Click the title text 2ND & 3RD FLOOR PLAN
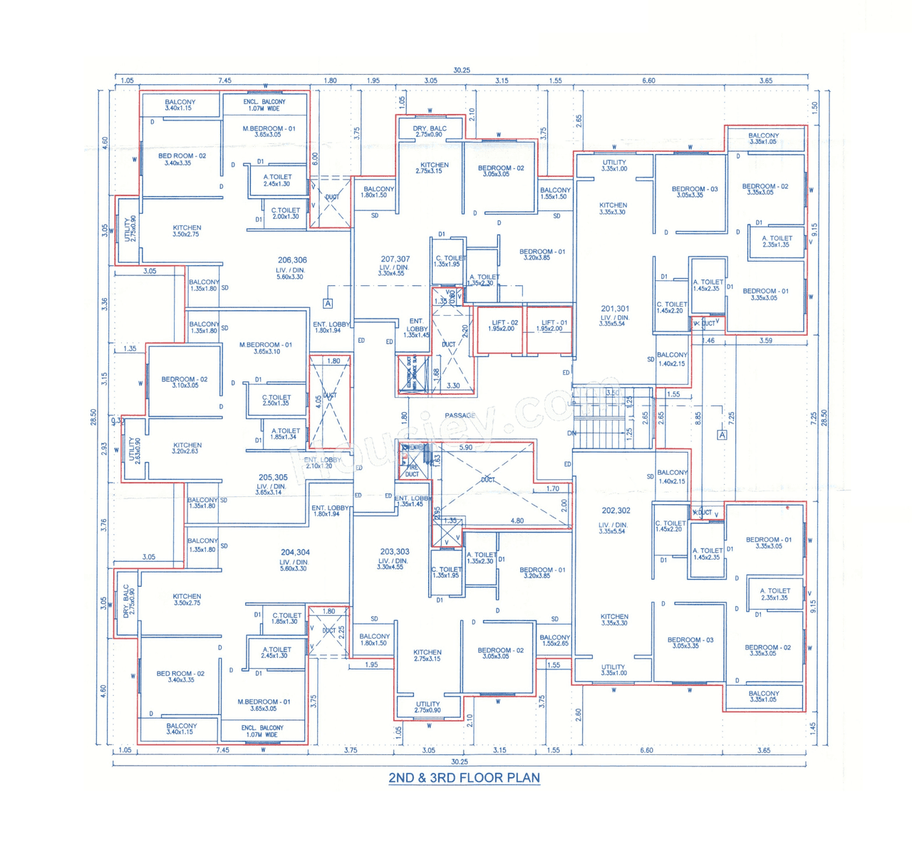(464, 778)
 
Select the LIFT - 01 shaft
(549, 329)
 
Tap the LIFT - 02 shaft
(501, 329)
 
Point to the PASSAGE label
(460, 415)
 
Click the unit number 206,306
(292, 260)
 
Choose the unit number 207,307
(395, 259)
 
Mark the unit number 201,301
(615, 309)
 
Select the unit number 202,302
(616, 510)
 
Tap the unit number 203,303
(394, 552)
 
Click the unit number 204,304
(295, 553)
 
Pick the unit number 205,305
(273, 478)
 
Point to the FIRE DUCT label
(412, 471)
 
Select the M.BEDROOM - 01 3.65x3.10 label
(265, 348)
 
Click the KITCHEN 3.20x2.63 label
(187, 448)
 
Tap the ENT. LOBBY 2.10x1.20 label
(322, 463)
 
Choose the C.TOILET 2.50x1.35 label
(276, 400)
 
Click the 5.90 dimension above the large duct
(465, 448)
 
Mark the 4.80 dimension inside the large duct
(517, 520)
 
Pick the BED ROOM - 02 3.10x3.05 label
(184, 382)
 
